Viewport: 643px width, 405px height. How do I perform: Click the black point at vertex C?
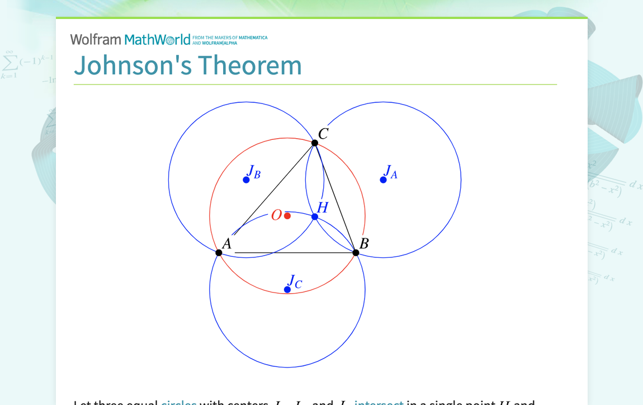click(x=315, y=143)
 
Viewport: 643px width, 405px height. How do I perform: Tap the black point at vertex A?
click(x=219, y=253)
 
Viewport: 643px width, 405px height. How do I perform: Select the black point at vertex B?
click(x=356, y=253)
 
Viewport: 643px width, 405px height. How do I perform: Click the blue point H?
click(x=315, y=217)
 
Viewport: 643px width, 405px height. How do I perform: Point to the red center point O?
click(x=287, y=216)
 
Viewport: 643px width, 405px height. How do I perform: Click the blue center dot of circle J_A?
click(x=383, y=180)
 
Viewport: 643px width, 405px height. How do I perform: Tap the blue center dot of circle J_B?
click(x=246, y=180)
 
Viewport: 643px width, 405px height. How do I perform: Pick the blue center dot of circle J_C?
click(x=287, y=289)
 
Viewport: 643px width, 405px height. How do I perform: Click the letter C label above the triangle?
click(x=323, y=134)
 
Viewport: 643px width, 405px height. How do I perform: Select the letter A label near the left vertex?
click(x=226, y=243)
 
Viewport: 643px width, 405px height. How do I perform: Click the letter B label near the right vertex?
click(x=364, y=243)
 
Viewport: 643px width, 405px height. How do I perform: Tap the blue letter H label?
click(x=323, y=208)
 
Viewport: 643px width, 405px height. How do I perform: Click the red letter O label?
click(x=276, y=215)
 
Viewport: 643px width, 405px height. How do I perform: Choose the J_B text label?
click(x=254, y=172)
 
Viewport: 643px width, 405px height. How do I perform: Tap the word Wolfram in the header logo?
click(x=96, y=40)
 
